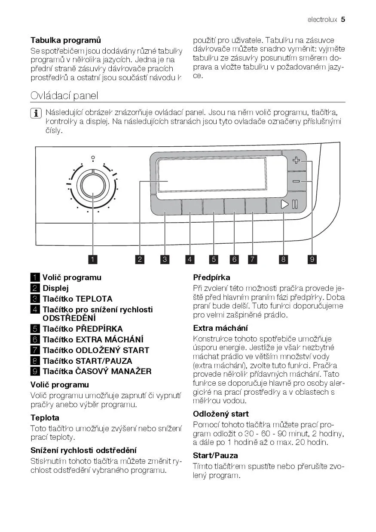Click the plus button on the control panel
[x=296, y=161]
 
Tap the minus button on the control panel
[x=296, y=181]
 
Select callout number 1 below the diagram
[x=93, y=259]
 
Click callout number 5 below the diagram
[x=214, y=259]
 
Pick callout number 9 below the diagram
[x=312, y=259]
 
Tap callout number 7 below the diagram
[x=253, y=259]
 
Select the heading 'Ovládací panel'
[x=64, y=95]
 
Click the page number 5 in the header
[x=343, y=19]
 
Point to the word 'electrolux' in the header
[x=322, y=20]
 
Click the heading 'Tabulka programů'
[x=66, y=40]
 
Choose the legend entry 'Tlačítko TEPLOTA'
[x=77, y=299]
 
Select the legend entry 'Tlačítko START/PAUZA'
[x=87, y=361]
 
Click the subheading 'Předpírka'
[x=211, y=278]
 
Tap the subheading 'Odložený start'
[x=221, y=414]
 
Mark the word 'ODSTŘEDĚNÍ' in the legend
[x=69, y=318]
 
